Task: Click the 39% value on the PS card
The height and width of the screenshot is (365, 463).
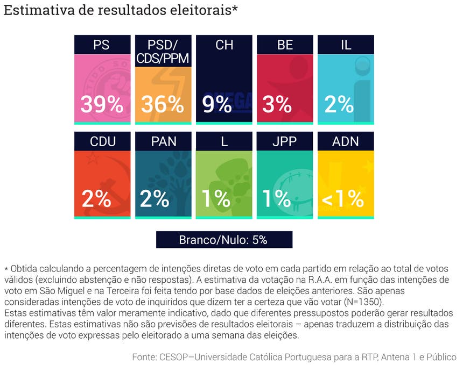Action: [x=102, y=105]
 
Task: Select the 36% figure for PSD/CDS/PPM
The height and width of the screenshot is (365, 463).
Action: [x=163, y=105]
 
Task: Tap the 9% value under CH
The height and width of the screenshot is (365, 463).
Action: [x=218, y=105]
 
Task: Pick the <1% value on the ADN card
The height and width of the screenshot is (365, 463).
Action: [x=343, y=199]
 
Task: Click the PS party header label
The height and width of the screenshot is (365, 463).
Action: [x=102, y=45]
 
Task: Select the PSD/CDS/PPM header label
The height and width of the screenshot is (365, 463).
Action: [x=163, y=52]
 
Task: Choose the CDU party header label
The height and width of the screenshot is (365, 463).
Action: [x=102, y=142]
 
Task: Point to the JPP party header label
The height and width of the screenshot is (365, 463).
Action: [x=284, y=142]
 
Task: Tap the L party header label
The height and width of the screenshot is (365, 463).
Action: [x=223, y=142]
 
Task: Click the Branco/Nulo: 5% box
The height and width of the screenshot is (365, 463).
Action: [x=223, y=240]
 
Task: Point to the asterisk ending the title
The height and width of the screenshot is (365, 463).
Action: [x=235, y=9]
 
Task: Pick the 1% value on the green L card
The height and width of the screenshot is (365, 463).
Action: [x=217, y=199]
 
